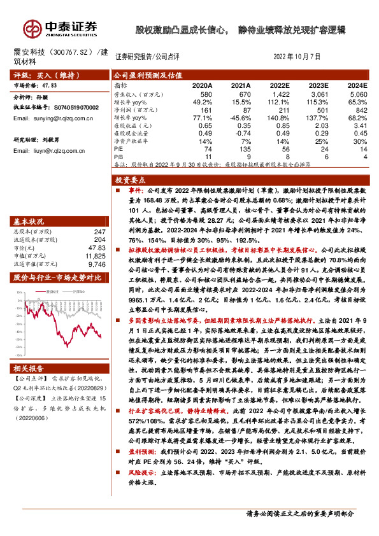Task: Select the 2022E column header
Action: (x=280, y=85)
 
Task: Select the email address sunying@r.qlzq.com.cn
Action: (x=55, y=118)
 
